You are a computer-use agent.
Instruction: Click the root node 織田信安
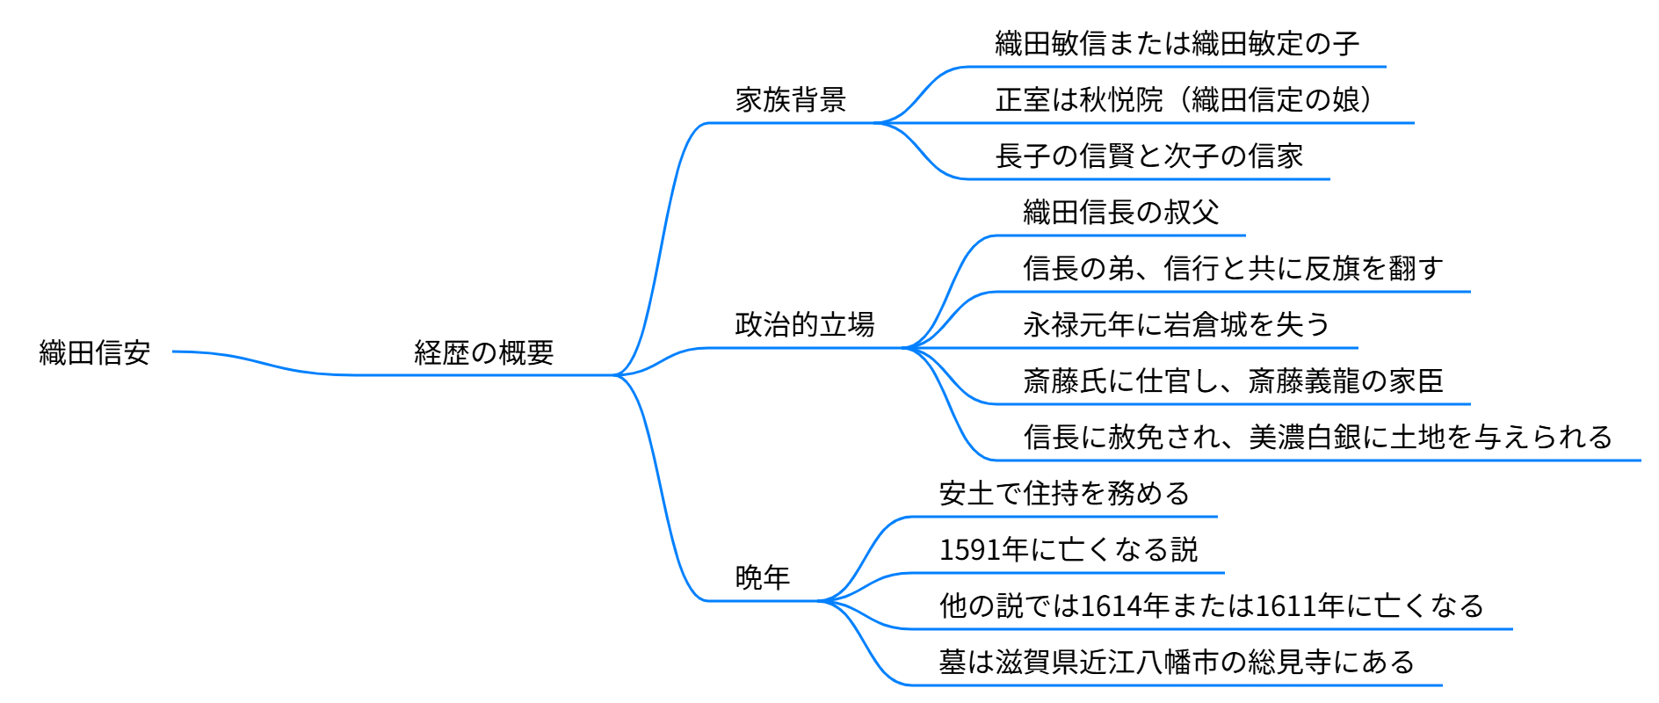tap(95, 353)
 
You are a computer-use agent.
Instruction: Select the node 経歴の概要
tap(483, 353)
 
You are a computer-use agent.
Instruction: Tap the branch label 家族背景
tap(790, 100)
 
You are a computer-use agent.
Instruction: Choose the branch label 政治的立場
tap(804, 325)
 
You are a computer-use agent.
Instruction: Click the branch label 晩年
tap(762, 578)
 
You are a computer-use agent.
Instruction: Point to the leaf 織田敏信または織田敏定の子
tap(1177, 44)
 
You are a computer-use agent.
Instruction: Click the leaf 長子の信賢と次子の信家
tap(1148, 156)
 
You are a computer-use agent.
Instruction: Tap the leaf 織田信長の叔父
tap(1120, 213)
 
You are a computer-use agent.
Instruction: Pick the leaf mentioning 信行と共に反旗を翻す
tap(1233, 269)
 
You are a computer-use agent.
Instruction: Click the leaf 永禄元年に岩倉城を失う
tap(1177, 325)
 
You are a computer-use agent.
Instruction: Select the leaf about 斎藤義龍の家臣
tap(1233, 381)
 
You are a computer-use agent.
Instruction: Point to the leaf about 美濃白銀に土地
tap(1317, 438)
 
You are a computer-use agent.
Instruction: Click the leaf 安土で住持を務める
tap(1064, 494)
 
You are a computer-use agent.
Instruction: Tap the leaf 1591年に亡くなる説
tap(1069, 550)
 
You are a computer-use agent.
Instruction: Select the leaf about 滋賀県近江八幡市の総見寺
tap(1177, 663)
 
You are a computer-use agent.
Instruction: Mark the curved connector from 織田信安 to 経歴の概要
tap(264, 363)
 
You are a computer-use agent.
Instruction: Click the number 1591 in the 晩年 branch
tap(970, 550)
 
